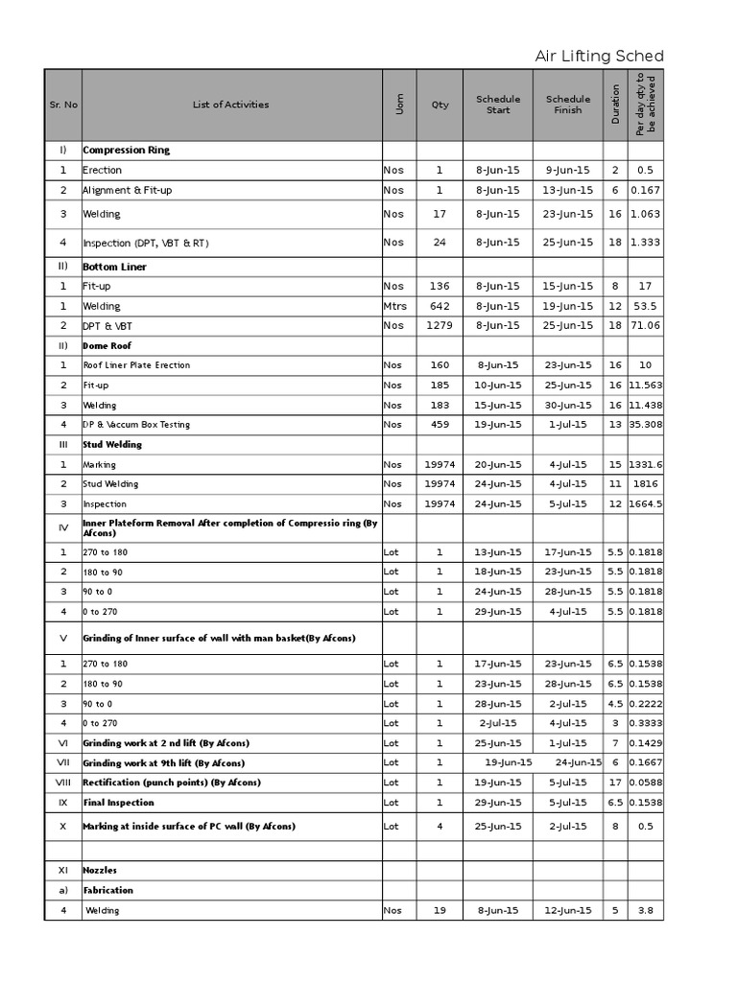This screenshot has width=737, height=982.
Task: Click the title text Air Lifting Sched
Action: pos(599,57)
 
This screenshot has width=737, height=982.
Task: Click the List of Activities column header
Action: pos(230,105)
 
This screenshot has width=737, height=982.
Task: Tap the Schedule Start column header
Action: pos(498,105)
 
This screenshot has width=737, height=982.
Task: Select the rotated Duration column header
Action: pos(615,105)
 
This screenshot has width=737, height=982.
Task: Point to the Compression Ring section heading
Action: pos(126,151)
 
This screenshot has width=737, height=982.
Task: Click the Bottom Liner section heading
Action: pos(114,267)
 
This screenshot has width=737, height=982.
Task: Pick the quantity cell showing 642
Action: pos(440,307)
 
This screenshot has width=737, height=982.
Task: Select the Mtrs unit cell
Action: pos(394,307)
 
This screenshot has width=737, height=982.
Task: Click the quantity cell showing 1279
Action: pos(440,326)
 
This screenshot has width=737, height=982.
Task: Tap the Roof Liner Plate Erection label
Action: pos(136,365)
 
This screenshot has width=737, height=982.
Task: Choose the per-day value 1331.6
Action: pos(646,464)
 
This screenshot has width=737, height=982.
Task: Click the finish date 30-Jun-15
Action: pos(568,406)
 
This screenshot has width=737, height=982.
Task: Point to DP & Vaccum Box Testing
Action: pos(136,425)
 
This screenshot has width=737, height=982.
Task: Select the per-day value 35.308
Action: pos(646,425)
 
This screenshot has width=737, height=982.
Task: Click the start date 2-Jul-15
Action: pos(498,723)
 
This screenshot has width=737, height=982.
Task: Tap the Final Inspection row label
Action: pos(118,803)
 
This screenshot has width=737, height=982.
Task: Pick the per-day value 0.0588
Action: pos(646,783)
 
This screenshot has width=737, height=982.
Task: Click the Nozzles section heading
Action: pos(101,870)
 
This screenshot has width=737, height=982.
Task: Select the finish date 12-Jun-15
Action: pos(568,911)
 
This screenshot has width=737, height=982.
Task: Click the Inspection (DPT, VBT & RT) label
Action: pos(145,244)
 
